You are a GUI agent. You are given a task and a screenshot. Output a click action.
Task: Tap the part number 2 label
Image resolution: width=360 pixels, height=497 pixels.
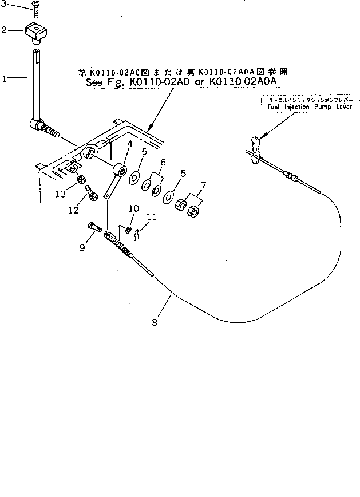pyautogui.click(x=5, y=30)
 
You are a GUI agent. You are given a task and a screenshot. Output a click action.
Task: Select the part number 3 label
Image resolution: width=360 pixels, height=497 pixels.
pyautogui.click(x=5, y=5)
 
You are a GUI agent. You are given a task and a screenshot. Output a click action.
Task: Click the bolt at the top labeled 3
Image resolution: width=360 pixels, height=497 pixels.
pyautogui.click(x=35, y=8)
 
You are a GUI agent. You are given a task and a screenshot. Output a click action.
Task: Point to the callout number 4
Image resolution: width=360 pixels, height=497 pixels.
pyautogui.click(x=130, y=145)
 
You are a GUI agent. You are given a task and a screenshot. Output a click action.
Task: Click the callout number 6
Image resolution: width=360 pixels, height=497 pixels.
pyautogui.click(x=163, y=163)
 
